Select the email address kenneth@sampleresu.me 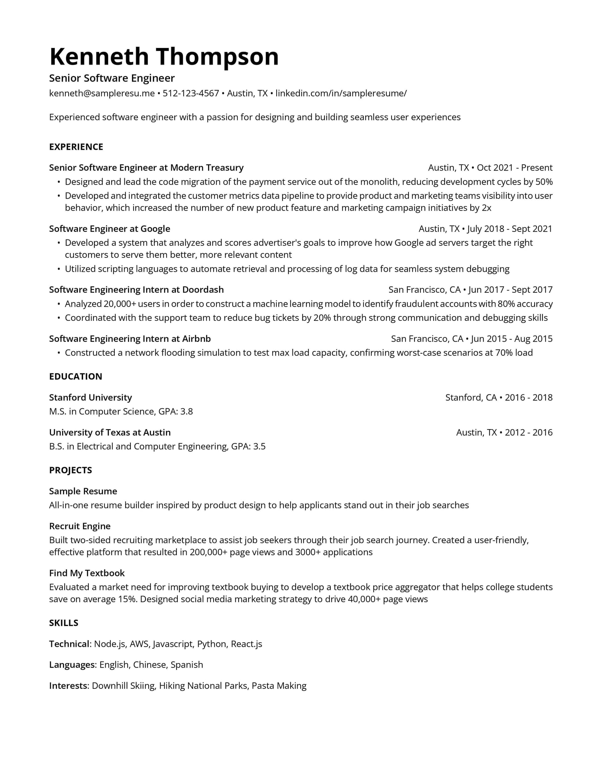[102, 93]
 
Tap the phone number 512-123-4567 [191, 93]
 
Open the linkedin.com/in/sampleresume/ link [341, 93]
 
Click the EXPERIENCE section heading [76, 147]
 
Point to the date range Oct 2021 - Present [514, 168]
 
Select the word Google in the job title [155, 229]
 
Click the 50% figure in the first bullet [544, 182]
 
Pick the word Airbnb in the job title [196, 339]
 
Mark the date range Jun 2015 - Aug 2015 [511, 339]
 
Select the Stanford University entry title [90, 397]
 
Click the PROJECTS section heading [70, 470]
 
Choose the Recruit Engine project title [80, 526]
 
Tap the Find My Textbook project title [87, 573]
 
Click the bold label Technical [69, 644]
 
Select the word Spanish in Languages [187, 665]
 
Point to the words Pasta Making [279, 686]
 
